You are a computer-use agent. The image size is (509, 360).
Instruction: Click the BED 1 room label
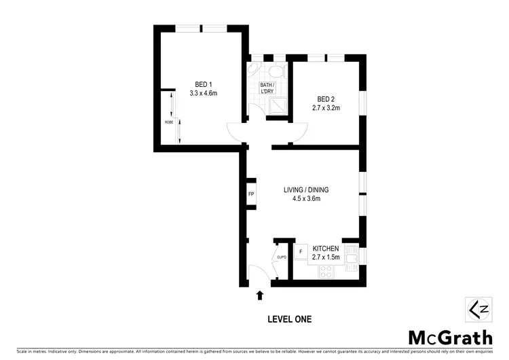click(x=203, y=84)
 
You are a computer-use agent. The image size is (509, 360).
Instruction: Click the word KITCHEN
click(x=326, y=249)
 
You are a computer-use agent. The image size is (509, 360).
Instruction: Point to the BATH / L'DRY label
click(x=269, y=88)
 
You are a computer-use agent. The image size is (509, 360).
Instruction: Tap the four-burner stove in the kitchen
click(x=325, y=272)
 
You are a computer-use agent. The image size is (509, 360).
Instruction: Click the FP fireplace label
click(x=250, y=195)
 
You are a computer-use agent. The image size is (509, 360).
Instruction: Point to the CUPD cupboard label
click(x=282, y=257)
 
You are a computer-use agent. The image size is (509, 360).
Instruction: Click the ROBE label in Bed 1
click(x=168, y=122)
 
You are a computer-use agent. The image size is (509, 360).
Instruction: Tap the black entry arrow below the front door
click(x=259, y=295)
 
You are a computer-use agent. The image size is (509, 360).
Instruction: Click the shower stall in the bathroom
click(x=278, y=104)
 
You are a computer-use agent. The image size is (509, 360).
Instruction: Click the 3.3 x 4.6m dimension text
click(x=203, y=93)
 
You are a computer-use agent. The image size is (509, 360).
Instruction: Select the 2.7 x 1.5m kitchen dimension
click(x=326, y=258)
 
